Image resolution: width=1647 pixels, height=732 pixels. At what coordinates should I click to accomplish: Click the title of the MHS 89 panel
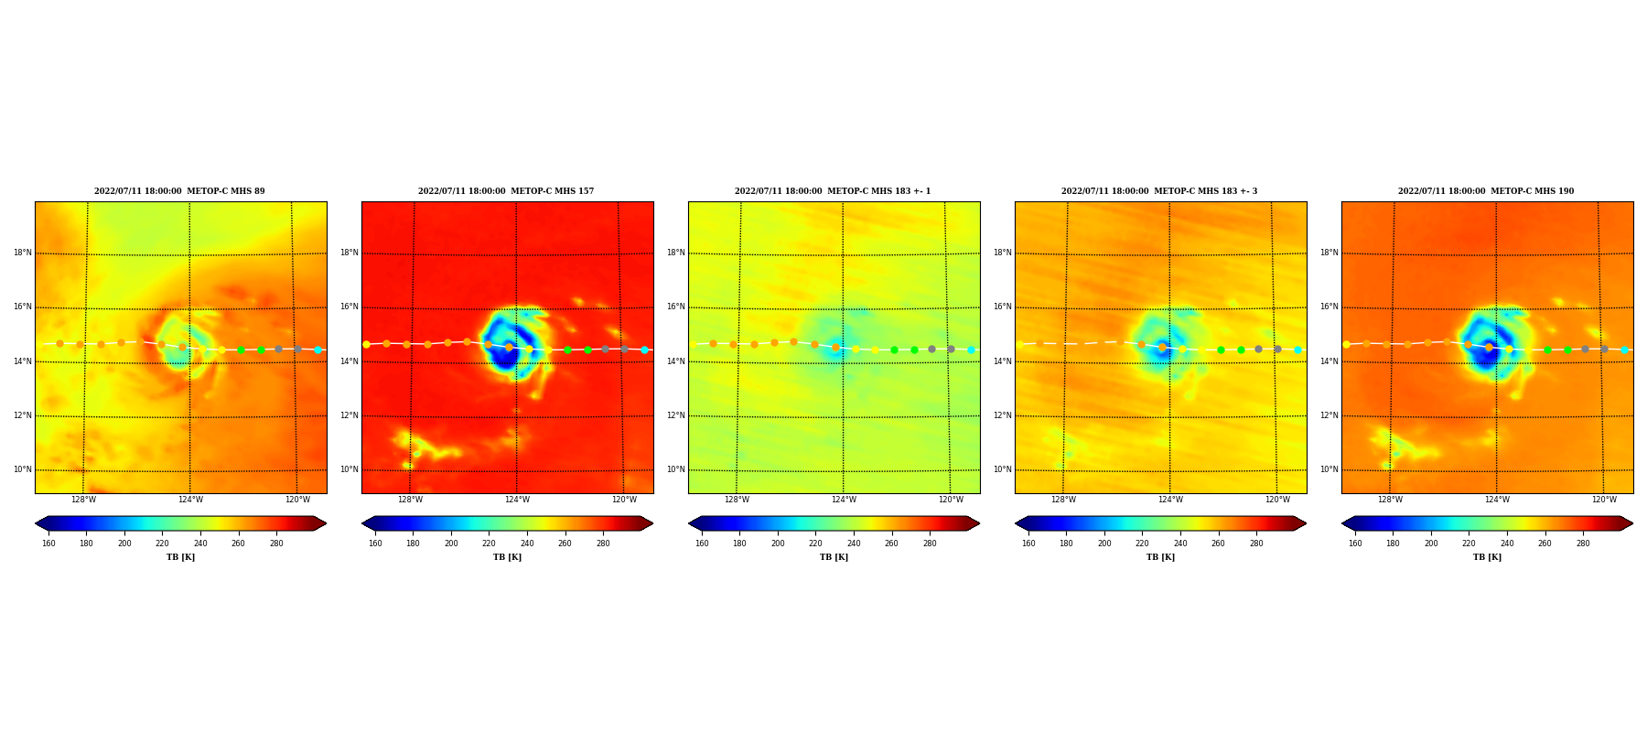179,191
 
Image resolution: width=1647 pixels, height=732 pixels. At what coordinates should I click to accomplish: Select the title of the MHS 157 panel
506,191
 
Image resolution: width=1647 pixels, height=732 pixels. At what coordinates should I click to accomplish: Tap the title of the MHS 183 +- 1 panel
833,191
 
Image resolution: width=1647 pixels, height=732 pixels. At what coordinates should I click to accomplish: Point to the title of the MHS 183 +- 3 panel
1159,191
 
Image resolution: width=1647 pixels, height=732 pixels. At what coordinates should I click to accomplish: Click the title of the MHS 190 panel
1486,191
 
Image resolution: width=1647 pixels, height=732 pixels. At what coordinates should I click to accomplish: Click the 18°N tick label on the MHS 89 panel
23,253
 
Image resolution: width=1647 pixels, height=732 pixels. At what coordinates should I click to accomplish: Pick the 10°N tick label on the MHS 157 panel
350,469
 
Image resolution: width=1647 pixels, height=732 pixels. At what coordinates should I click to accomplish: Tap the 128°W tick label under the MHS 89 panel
83,500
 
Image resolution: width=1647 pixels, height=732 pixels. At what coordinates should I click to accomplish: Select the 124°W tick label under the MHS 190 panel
1497,500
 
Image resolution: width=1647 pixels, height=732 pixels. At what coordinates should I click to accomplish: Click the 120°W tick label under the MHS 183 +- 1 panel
951,500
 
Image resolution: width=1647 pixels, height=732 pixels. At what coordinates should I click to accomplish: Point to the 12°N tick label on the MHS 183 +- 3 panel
1003,415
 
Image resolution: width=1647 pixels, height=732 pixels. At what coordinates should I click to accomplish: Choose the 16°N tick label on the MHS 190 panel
1329,307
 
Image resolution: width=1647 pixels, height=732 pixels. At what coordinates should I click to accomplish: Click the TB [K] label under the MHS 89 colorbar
180,557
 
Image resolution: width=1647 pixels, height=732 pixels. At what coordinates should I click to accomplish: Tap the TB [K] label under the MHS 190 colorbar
1487,557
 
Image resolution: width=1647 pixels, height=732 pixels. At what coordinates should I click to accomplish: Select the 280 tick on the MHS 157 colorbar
603,544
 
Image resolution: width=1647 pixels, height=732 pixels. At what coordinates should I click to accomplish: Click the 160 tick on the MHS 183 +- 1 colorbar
702,544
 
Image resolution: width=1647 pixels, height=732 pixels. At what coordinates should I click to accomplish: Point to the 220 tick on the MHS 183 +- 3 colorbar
1142,544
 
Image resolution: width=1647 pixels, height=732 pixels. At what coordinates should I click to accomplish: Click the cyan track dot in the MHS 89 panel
318,350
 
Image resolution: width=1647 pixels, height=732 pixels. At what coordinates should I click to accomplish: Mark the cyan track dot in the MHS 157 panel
644,350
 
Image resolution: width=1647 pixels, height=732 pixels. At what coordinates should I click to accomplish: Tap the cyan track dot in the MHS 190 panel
1624,350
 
